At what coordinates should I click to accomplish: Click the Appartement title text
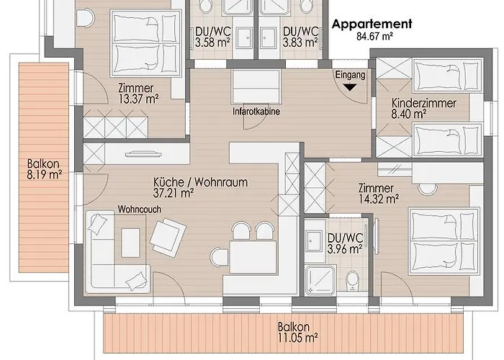[x=372, y=24]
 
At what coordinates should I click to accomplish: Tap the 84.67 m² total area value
[x=374, y=36]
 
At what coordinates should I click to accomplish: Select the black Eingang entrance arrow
[x=350, y=87]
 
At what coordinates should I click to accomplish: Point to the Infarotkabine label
[x=256, y=112]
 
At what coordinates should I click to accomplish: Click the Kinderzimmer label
[x=423, y=103]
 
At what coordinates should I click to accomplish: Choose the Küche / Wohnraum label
[x=201, y=182]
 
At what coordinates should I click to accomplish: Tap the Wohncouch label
[x=139, y=210]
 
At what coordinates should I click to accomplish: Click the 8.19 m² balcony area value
[x=45, y=175]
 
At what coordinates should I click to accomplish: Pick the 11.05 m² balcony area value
[x=298, y=338]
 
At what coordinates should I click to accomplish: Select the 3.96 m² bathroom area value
[x=345, y=248]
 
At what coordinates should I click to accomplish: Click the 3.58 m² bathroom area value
[x=212, y=42]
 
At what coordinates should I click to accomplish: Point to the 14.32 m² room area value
[x=379, y=199]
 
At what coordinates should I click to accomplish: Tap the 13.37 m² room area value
[x=138, y=99]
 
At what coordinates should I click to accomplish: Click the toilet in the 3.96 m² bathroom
[x=352, y=280]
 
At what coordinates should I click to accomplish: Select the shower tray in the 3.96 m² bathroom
[x=320, y=280]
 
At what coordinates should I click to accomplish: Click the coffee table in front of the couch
[x=130, y=243]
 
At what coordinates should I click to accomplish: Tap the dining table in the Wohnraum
[x=253, y=256]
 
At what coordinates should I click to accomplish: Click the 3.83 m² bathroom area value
[x=300, y=42]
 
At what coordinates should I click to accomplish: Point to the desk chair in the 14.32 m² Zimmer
[x=428, y=189]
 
